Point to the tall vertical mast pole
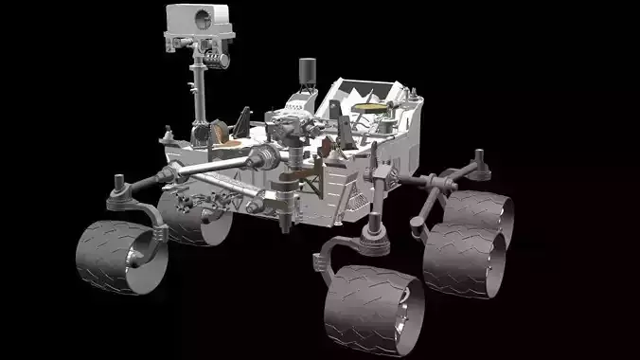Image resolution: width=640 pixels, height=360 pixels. (x=200, y=95)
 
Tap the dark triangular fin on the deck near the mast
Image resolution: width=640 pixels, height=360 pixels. (x=244, y=120)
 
